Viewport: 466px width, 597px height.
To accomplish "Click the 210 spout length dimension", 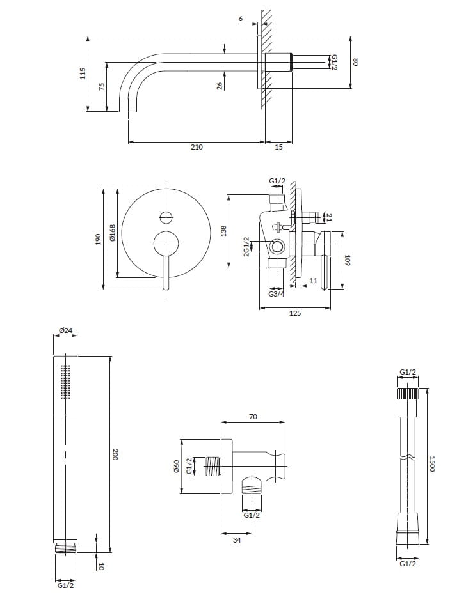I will tap(197, 147).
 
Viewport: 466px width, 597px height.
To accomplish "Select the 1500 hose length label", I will tap(433, 463).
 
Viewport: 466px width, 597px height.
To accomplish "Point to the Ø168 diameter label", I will tap(113, 233).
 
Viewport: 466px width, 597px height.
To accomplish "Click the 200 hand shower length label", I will tap(115, 454).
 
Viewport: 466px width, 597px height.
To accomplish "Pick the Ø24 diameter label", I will tap(65, 330).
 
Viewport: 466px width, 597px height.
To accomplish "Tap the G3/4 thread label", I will tap(277, 294).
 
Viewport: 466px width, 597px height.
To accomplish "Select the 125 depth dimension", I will tap(295, 314).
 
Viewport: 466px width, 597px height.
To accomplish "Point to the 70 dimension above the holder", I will tap(252, 417).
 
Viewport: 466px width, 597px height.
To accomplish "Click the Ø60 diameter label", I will tap(176, 467).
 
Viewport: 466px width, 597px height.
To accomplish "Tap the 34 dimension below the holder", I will tap(237, 540).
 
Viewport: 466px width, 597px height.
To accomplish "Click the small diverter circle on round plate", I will tap(166, 217).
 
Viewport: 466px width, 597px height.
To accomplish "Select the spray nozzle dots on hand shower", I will tap(65, 382).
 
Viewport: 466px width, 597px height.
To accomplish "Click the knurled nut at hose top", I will tap(408, 393).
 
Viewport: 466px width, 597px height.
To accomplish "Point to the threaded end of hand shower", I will tap(65, 548).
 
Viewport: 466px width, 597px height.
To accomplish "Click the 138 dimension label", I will tap(224, 231).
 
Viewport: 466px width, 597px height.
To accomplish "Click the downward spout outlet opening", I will tap(129, 112).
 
